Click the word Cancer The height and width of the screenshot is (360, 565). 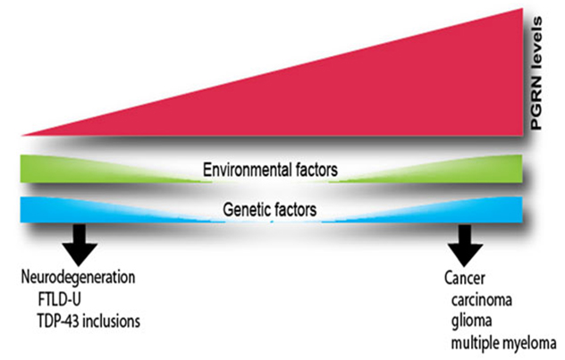tap(465, 278)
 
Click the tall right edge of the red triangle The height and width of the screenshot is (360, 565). tap(519, 71)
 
